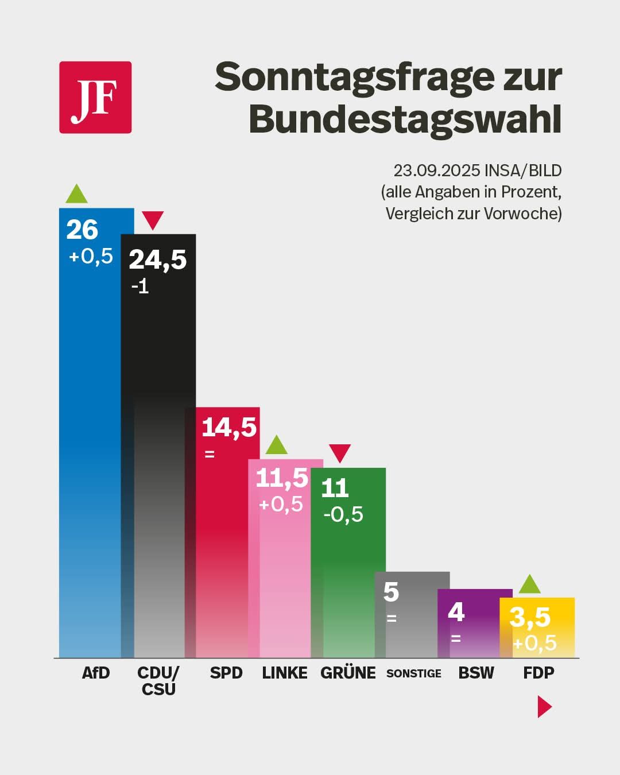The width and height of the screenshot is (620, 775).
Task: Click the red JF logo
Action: click(95, 98)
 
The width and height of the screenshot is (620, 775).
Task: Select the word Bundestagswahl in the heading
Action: click(405, 119)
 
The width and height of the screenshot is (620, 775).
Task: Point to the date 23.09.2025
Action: click(436, 170)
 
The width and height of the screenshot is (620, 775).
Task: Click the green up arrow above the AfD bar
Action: click(76, 195)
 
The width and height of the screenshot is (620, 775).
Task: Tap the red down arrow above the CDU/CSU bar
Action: click(153, 220)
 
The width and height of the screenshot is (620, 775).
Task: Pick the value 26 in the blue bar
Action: click(82, 230)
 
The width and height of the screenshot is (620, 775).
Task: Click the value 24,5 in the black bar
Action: click(158, 259)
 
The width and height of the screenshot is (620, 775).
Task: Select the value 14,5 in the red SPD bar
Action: click(229, 427)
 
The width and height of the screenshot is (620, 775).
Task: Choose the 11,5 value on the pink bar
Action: click(281, 478)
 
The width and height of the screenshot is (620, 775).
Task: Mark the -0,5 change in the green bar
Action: click(343, 514)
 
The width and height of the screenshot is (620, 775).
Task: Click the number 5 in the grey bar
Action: click(391, 592)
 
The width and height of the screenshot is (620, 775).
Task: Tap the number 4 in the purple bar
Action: click(456, 613)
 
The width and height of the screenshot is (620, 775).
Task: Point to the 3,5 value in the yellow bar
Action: click(530, 618)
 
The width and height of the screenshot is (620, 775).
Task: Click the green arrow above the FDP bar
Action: click(529, 585)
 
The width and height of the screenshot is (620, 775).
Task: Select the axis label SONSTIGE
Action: click(414, 673)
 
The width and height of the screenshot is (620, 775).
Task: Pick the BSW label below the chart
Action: click(476, 673)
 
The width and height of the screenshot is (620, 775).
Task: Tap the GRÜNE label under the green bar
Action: click(348, 673)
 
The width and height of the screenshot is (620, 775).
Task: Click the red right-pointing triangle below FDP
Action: click(544, 707)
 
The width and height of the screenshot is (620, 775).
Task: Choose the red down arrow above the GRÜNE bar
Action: click(340, 453)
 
